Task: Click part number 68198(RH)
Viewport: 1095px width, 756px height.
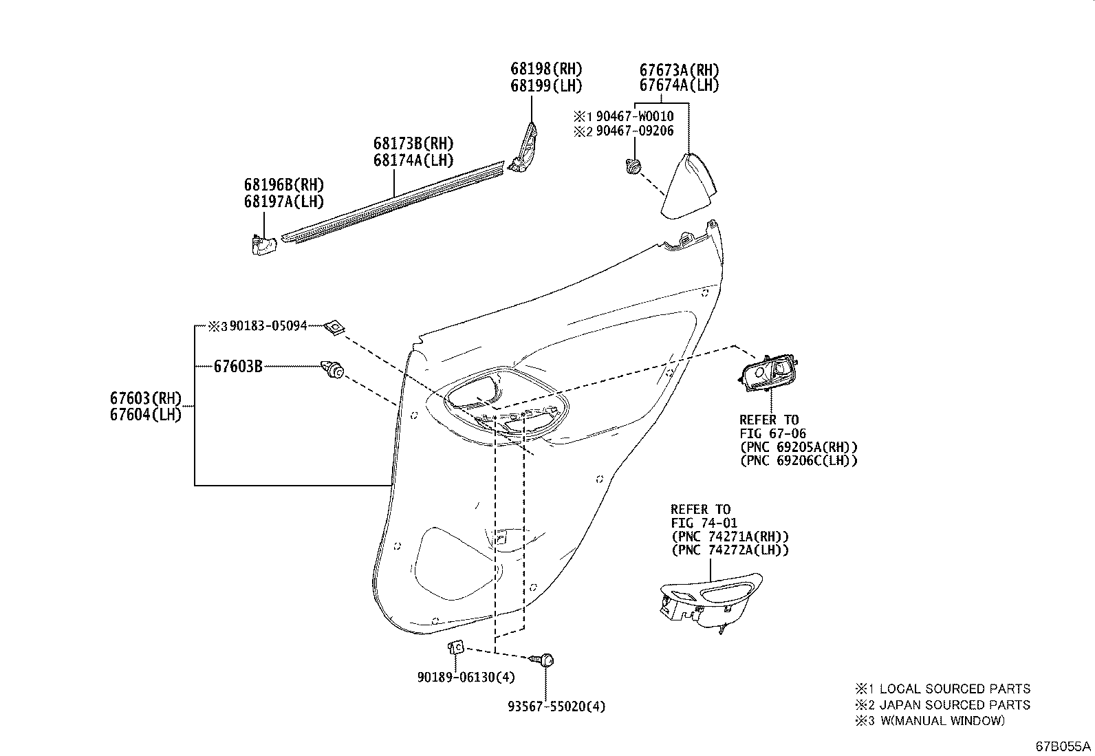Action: pos(546,69)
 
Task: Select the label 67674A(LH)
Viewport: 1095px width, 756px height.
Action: pos(679,85)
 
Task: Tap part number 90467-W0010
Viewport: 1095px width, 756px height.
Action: pos(634,116)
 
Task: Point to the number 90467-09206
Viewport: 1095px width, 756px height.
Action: pos(634,131)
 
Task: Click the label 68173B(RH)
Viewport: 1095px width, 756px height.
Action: pos(414,144)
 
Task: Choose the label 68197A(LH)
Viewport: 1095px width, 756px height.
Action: pos(283,201)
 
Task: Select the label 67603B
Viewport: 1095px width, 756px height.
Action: pos(238,367)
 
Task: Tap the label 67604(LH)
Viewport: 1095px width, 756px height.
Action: pos(145,414)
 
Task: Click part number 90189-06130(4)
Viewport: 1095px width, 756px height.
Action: pos(466,677)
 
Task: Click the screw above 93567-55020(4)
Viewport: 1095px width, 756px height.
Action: pos(545,660)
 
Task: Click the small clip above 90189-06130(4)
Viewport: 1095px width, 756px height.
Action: pos(456,647)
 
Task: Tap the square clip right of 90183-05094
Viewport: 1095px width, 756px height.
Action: pos(334,327)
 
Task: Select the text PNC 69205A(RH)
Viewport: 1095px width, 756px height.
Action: pos(798,447)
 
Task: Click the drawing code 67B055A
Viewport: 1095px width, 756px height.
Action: pos(1063,746)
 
